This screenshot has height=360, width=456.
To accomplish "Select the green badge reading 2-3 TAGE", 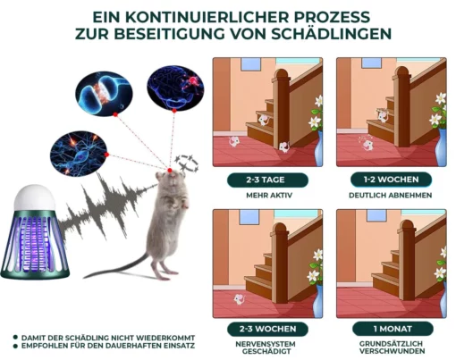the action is click(267, 180).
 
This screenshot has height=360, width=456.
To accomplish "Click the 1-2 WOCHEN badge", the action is click(391, 180).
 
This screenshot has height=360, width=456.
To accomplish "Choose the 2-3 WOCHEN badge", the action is click(267, 329).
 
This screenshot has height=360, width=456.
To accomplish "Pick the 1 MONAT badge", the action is click(393, 329).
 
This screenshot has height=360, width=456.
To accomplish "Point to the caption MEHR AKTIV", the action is click(269, 196).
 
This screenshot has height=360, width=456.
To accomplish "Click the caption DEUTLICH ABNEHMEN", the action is click(391, 196).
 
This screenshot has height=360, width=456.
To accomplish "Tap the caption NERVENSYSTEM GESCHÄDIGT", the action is click(266, 347).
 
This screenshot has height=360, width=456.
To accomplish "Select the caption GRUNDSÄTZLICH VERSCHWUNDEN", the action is click(392, 347).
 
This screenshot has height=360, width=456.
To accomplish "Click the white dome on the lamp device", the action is click(35, 198).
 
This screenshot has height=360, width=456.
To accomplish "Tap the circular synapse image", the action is click(104, 93).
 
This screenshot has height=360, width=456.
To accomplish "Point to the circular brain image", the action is click(175, 88).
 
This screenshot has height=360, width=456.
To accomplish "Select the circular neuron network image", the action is click(79, 153).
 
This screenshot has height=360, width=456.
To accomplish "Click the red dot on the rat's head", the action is click(170, 171).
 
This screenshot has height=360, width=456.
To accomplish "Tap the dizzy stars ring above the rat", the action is click(186, 163).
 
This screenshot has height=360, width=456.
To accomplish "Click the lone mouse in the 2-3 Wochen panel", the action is click(239, 299).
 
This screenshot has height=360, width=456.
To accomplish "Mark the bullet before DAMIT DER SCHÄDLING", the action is click(15, 338).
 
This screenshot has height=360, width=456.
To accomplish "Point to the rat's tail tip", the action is click(85, 277).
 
